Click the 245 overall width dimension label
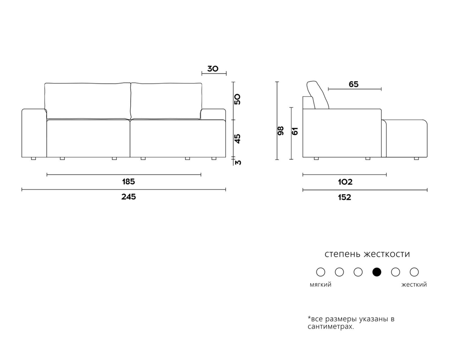(x=128, y=197)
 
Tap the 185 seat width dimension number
(x=128, y=182)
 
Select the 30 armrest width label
(x=213, y=69)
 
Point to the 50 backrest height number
(x=238, y=99)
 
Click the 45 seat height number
(x=238, y=139)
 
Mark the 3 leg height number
(x=238, y=163)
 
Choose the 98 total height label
(x=281, y=130)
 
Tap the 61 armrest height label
(x=295, y=131)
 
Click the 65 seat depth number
(x=354, y=84)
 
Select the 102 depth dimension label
(x=345, y=182)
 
